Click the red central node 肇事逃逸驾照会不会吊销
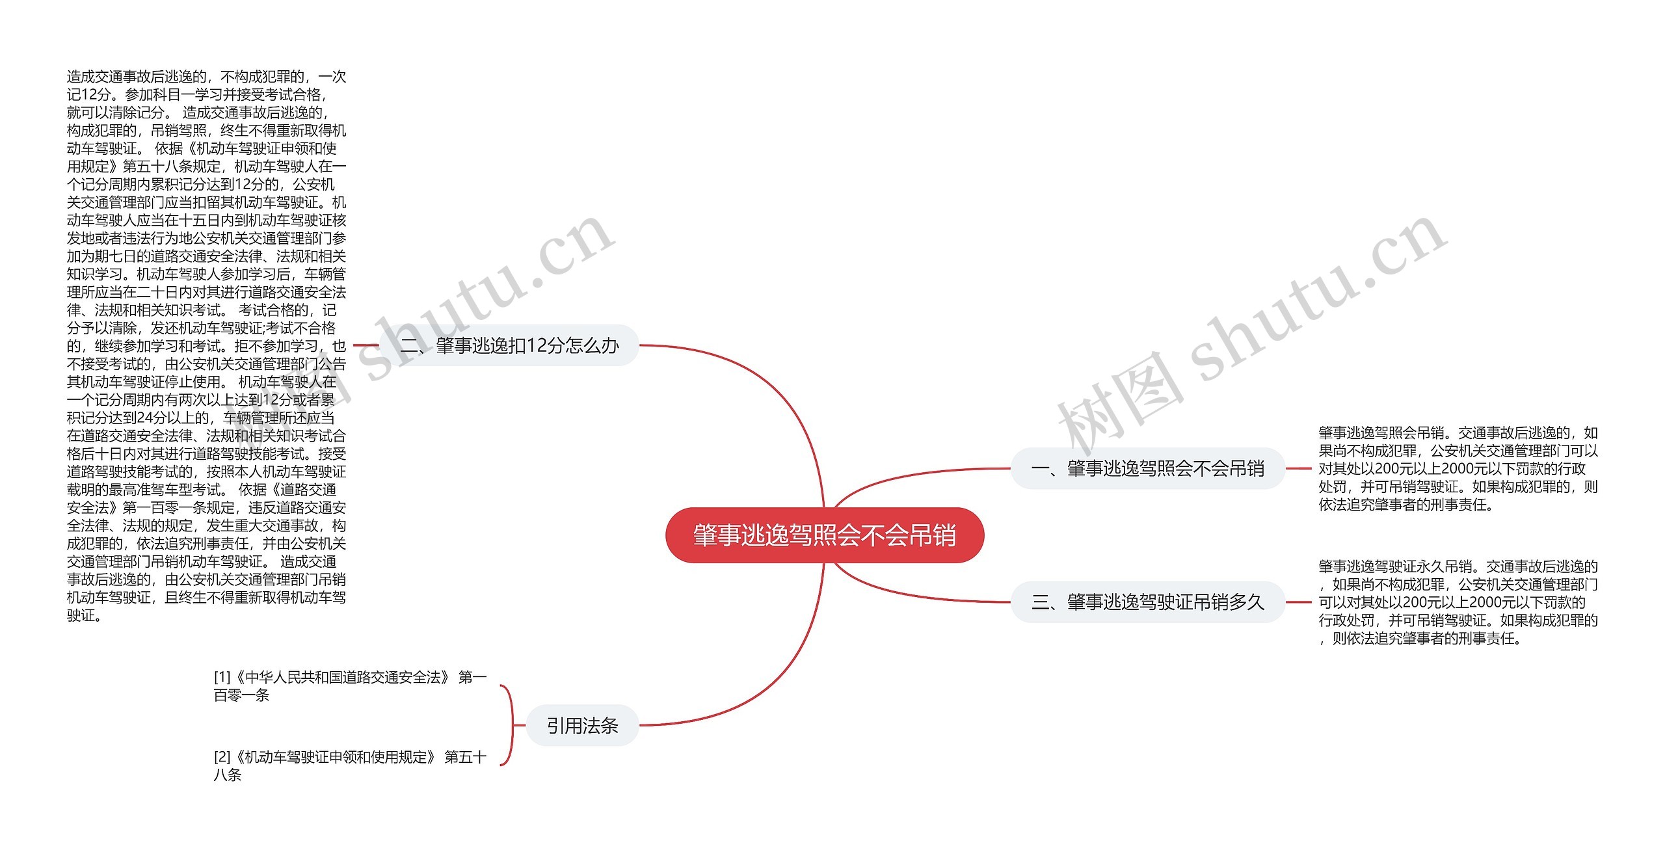(824, 535)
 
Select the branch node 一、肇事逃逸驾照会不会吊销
(1147, 468)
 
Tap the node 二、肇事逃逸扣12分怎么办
(509, 345)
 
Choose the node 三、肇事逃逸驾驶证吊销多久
(1147, 602)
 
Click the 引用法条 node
(582, 725)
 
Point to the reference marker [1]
(222, 678)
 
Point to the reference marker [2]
(222, 757)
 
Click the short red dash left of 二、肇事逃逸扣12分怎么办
(365, 345)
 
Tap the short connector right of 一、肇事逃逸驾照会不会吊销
(1299, 468)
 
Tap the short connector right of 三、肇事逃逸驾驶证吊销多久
(1299, 602)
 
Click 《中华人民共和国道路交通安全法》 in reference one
(341, 678)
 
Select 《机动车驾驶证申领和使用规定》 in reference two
(334, 757)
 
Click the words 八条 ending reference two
(228, 775)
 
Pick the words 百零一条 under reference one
(241, 696)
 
